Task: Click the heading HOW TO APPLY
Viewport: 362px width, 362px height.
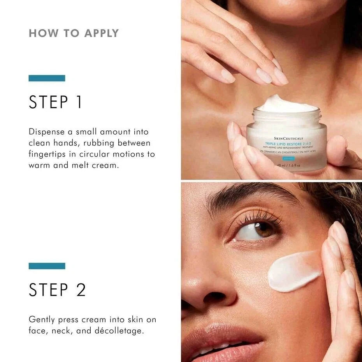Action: point(74,33)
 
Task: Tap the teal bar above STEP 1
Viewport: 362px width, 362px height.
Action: point(47,78)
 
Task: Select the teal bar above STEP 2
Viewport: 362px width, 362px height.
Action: point(47,266)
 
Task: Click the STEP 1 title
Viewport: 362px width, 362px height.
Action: point(56,102)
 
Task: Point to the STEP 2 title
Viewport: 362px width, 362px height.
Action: point(57,290)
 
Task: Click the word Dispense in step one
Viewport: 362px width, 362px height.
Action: point(47,132)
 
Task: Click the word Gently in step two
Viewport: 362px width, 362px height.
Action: point(42,320)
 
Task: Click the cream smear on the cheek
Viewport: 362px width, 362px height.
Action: point(294,271)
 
